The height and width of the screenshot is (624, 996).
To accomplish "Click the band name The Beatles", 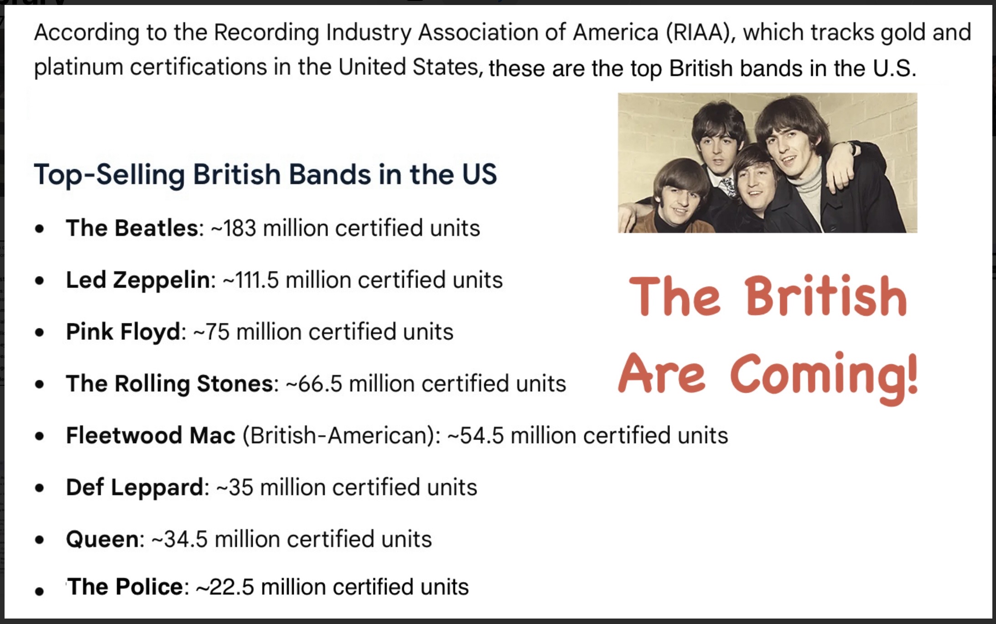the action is tap(132, 228).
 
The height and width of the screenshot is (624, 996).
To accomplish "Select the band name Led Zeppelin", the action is tap(138, 280).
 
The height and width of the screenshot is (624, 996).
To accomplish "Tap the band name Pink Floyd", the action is tap(123, 332).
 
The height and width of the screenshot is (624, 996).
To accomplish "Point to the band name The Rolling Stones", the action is tap(169, 384).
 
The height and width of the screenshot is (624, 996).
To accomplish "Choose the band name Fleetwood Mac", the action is tap(151, 435).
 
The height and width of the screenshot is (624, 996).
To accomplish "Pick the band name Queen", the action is tap(102, 539).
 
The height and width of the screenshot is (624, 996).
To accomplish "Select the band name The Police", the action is tap(125, 587).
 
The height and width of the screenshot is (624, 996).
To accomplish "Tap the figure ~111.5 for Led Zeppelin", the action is tap(250, 280).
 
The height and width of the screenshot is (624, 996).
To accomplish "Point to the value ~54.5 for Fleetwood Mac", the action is tap(475, 435).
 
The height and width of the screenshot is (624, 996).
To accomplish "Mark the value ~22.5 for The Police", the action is tap(225, 587).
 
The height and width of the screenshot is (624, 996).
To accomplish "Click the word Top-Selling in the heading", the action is tap(109, 174).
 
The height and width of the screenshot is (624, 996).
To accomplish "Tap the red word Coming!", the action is tap(825, 376).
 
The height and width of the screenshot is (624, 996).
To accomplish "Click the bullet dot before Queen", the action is tap(40, 540).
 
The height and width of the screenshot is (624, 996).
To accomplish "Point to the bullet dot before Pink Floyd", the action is tap(40, 332).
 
